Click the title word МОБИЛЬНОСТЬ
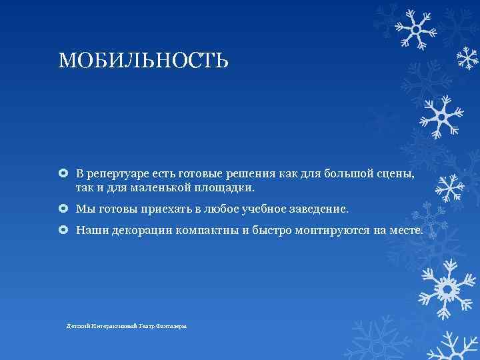(x=143, y=61)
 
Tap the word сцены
(x=398, y=174)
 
